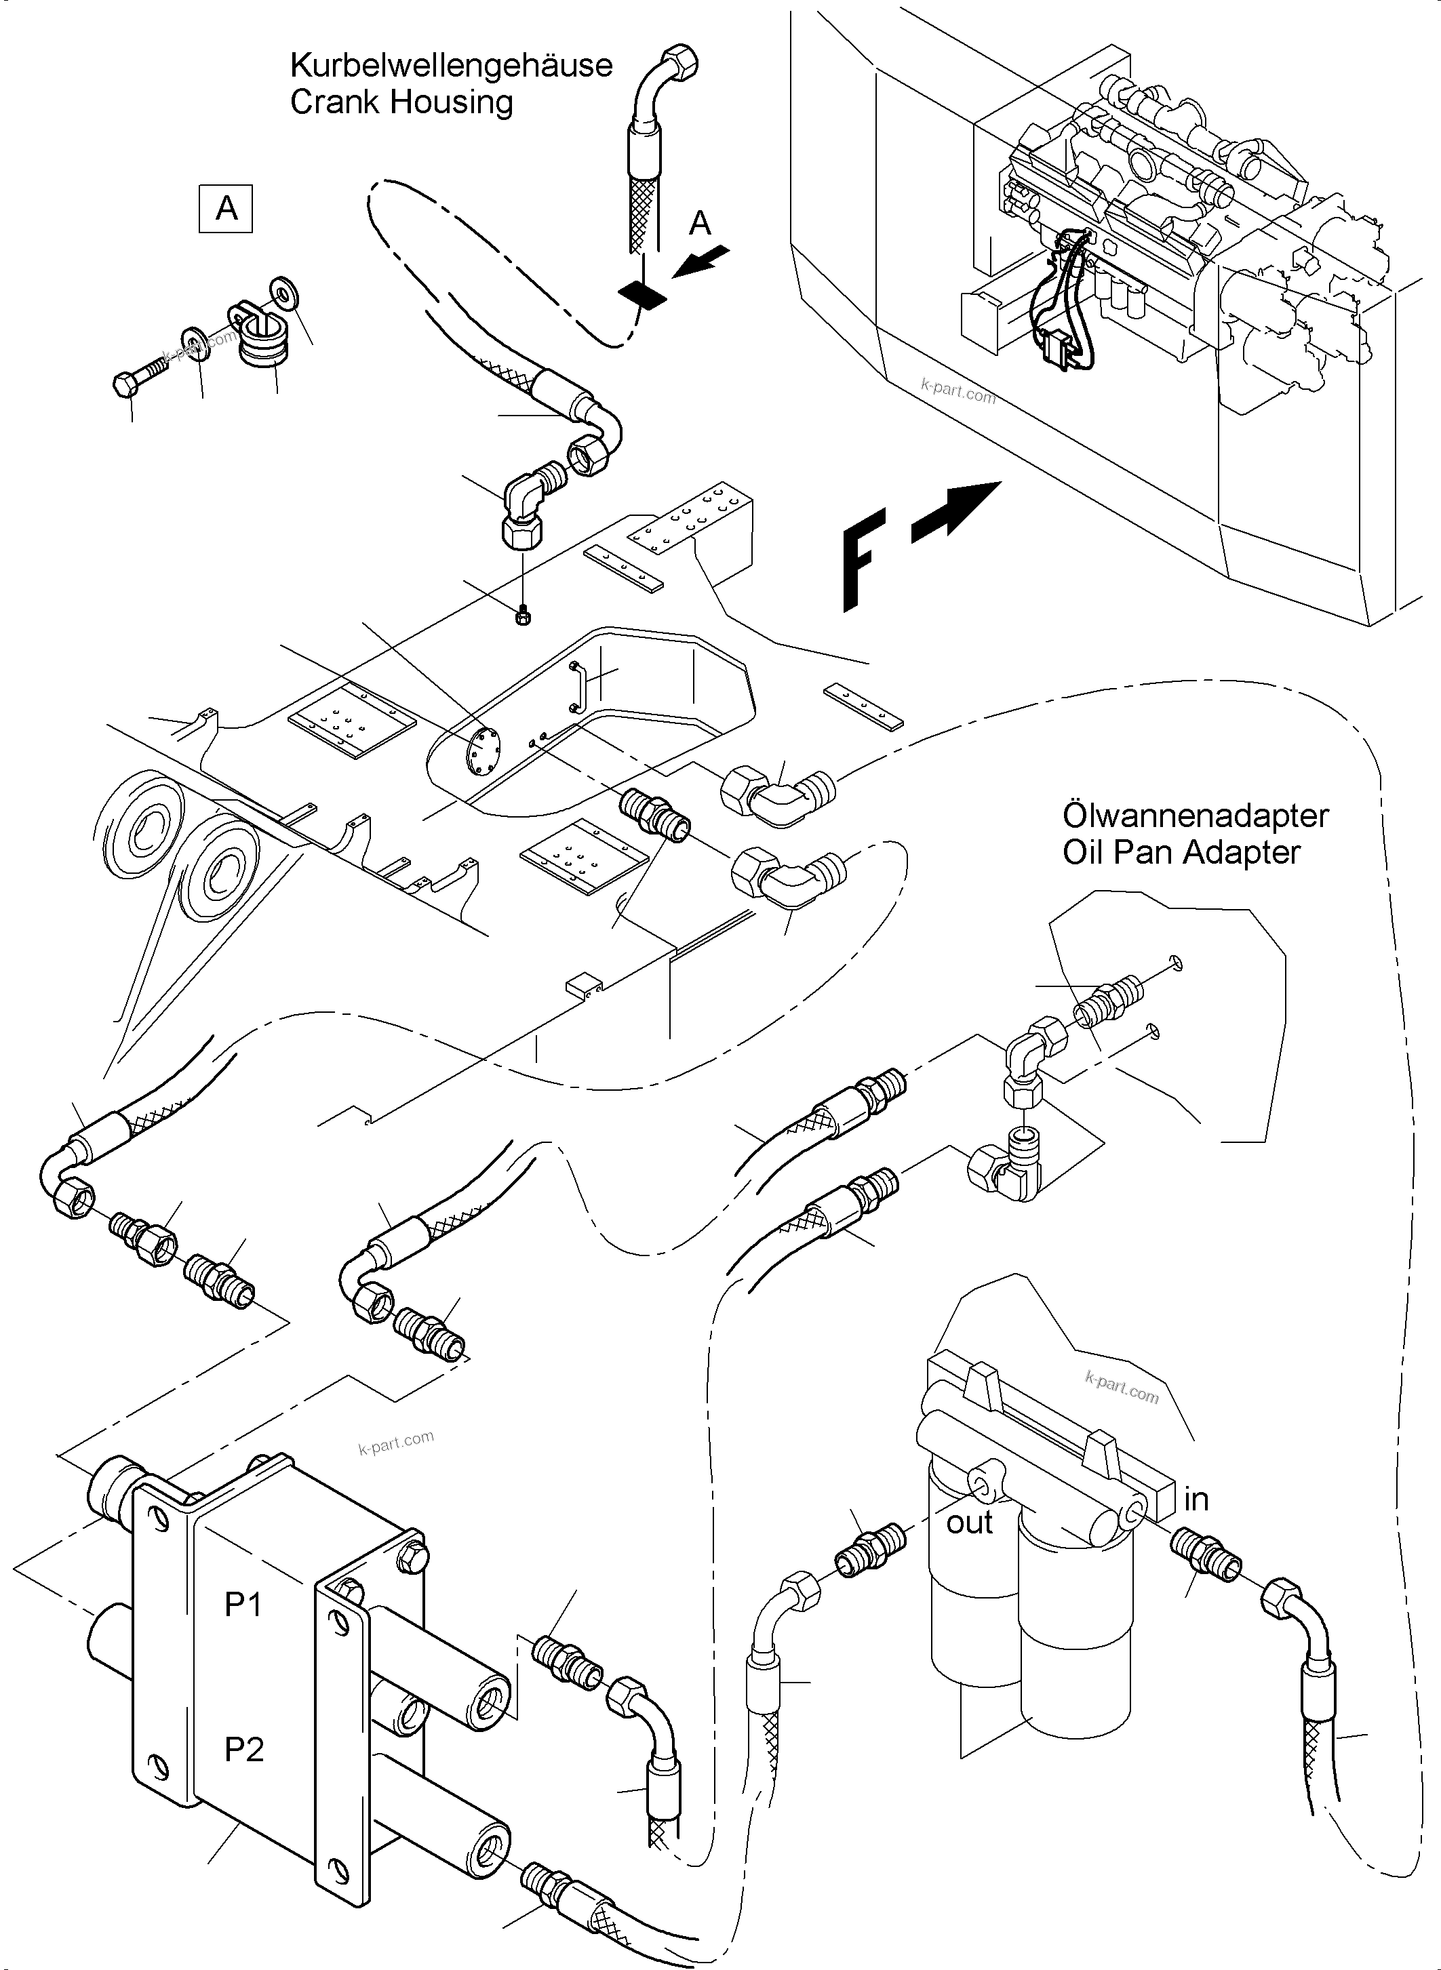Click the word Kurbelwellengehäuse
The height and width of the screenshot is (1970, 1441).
coord(451,65)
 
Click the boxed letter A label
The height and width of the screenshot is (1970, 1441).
coord(226,208)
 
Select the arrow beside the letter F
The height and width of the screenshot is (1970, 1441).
coord(956,512)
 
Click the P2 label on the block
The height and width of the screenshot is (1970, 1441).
coord(243,1750)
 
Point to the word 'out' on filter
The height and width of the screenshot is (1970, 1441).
coord(969,1523)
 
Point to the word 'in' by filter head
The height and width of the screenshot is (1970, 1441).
coord(1196,1499)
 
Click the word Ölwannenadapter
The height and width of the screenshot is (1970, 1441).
coord(1195,816)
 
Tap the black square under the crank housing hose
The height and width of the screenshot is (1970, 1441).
coord(642,295)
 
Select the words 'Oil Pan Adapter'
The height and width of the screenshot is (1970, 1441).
coord(1181,852)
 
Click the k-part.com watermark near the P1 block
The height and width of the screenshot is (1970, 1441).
coord(395,1443)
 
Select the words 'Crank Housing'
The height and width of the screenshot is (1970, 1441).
coord(401,102)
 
